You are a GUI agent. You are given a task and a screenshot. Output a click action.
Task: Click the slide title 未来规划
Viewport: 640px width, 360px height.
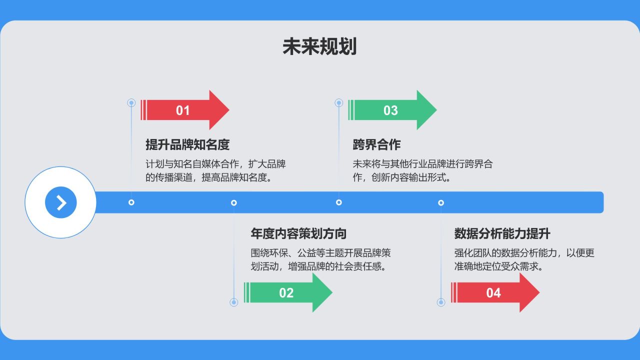(x=319, y=46)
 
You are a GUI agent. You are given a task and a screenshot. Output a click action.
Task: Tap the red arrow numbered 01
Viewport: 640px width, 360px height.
(x=185, y=110)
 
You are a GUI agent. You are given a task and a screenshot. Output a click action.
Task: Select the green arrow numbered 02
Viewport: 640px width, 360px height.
(x=288, y=292)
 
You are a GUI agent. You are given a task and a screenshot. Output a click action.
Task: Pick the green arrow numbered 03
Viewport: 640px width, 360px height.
(x=392, y=110)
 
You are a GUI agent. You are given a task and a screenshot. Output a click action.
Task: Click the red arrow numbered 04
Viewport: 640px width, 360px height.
(x=495, y=292)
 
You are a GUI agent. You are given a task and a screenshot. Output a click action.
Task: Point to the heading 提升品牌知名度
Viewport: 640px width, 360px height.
(x=187, y=145)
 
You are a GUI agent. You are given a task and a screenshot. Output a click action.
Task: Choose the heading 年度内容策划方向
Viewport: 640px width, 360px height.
(x=298, y=233)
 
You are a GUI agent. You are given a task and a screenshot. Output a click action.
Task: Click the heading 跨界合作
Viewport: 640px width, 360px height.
(x=376, y=145)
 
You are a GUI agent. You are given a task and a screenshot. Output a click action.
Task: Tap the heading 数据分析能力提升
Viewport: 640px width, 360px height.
(x=502, y=233)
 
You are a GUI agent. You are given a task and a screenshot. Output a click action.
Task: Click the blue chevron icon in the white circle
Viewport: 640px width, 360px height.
(x=61, y=202)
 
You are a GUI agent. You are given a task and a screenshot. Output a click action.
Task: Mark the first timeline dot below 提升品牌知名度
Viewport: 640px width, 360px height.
(x=131, y=202)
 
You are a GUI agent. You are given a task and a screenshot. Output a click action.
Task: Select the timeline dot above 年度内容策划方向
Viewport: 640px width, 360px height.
(x=233, y=202)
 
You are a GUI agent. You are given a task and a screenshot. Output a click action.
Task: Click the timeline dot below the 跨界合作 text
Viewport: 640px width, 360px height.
(x=339, y=202)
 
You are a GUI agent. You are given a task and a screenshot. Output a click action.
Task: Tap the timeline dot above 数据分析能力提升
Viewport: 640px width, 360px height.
(x=441, y=202)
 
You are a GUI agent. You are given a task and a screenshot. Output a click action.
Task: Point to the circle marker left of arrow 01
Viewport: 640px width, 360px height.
(x=131, y=103)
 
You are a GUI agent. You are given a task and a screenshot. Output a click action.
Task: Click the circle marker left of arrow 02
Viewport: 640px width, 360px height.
(x=233, y=302)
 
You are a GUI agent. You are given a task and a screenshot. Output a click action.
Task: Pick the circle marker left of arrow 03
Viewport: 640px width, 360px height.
(x=338, y=103)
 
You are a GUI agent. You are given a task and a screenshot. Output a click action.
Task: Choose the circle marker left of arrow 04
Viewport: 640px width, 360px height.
(x=441, y=302)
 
